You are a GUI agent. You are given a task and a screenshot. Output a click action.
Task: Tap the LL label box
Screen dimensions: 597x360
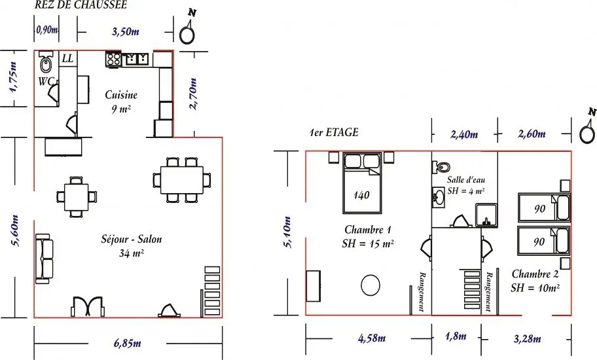tap(68, 59)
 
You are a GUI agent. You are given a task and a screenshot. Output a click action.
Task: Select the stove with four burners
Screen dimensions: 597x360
tap(113, 60)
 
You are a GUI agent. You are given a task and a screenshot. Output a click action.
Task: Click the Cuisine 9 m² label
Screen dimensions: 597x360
tap(121, 101)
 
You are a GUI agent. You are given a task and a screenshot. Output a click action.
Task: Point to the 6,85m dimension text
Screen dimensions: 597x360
tap(127, 344)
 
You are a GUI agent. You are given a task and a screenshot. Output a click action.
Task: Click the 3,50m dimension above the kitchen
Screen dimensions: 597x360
tap(125, 31)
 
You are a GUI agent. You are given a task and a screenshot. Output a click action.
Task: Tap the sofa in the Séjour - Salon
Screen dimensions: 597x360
tap(44, 259)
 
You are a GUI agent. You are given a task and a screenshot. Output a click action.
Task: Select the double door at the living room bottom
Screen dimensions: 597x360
tap(88, 306)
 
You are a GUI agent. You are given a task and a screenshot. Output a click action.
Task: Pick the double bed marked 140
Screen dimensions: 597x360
tap(362, 183)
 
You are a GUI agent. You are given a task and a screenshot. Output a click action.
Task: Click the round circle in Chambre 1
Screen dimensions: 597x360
tap(371, 285)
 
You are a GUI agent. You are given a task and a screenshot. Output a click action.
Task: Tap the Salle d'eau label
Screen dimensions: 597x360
tap(466, 180)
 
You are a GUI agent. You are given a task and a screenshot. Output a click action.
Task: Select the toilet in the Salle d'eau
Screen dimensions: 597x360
tap(441, 167)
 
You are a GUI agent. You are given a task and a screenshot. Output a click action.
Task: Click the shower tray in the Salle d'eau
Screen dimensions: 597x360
tap(486, 215)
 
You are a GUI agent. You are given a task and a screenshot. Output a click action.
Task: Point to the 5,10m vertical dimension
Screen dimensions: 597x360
tap(287, 232)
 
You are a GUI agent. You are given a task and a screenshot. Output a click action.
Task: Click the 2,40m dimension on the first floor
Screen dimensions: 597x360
tap(464, 134)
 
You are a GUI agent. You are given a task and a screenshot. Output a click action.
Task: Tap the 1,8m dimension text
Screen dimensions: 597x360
tap(456, 336)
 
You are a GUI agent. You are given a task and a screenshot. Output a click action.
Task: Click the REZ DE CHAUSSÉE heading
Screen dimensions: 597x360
tap(81, 5)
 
